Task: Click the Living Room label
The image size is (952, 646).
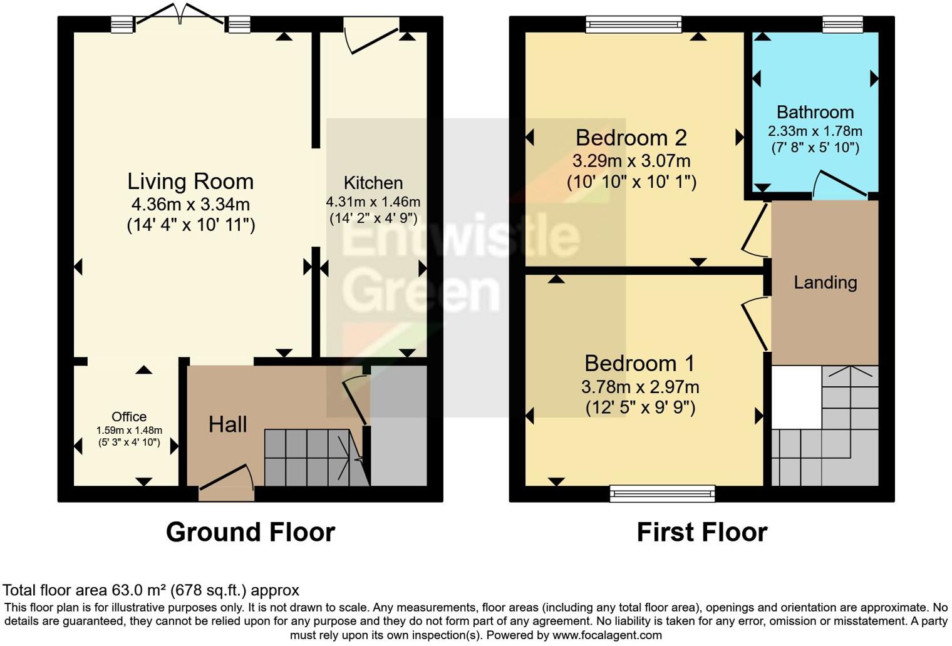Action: click(190, 182)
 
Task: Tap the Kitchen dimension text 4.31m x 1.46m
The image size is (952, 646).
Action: click(373, 202)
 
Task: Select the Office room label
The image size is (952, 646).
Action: click(129, 417)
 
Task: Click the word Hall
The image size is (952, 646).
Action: click(227, 424)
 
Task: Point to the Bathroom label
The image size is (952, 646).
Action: click(815, 112)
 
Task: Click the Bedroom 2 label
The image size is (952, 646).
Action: click(631, 138)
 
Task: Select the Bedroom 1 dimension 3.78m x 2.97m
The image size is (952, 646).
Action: click(640, 387)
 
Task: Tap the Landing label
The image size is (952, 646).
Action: click(825, 282)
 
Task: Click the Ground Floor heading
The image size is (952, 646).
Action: click(250, 532)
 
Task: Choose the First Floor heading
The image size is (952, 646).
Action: click(701, 532)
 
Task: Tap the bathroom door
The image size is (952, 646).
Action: click(839, 185)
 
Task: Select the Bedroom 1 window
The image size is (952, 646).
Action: click(662, 493)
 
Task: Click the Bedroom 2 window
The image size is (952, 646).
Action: click(634, 24)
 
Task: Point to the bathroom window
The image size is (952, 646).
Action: click(842, 24)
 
